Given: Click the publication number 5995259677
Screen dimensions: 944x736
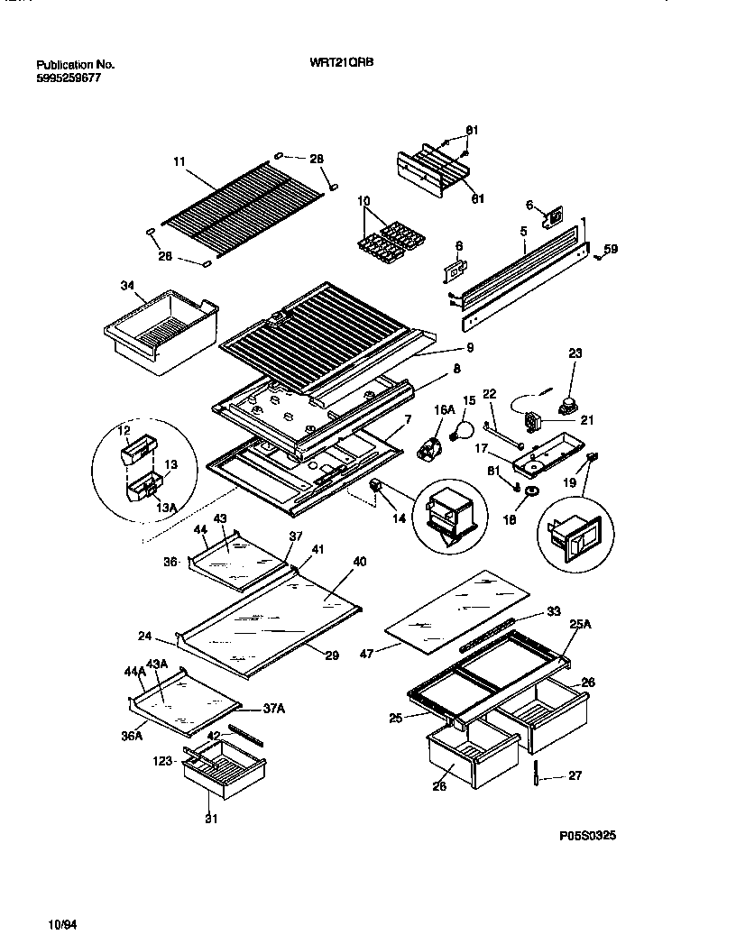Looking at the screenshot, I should pyautogui.click(x=69, y=78).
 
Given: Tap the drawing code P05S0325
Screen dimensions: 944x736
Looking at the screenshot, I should pyautogui.click(x=588, y=836).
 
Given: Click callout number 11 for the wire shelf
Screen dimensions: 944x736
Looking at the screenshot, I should pyautogui.click(x=179, y=161).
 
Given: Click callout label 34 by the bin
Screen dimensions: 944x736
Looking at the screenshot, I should pyautogui.click(x=127, y=287).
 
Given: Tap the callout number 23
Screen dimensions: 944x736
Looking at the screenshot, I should pyautogui.click(x=575, y=354).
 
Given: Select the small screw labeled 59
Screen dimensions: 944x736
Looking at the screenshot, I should pyautogui.click(x=600, y=261).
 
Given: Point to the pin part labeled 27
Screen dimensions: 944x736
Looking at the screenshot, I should pyautogui.click(x=536, y=772).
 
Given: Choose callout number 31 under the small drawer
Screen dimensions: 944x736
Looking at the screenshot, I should pyautogui.click(x=211, y=819).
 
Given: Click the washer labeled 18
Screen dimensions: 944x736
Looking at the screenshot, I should pyautogui.click(x=533, y=492).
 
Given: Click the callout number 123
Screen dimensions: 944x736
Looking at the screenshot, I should pyautogui.click(x=162, y=761).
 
